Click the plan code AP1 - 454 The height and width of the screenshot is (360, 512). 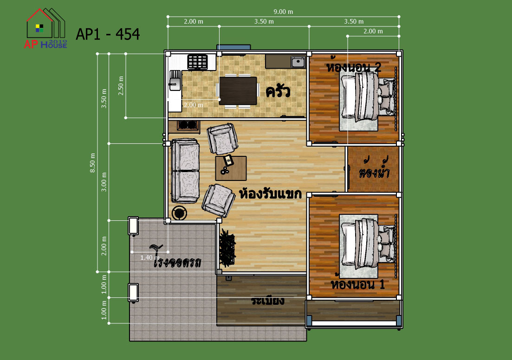coord(108,34)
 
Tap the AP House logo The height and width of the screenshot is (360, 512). coord(45,29)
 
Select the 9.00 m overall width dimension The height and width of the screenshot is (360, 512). coord(283,12)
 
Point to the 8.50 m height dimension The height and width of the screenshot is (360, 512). coord(93,162)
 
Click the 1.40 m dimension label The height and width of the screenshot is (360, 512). coord(150,257)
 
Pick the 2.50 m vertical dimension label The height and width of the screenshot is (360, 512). coord(121,85)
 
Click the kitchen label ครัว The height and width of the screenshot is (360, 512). coord(278,91)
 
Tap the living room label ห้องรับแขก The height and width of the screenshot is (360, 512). coord(270,193)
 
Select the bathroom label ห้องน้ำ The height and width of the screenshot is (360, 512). coord(374,168)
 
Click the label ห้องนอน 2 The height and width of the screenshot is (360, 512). coord(354,67)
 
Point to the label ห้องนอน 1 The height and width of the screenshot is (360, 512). coord(357,284)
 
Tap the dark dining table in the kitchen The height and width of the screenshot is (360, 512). coord(238,91)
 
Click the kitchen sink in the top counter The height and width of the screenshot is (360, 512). coord(298,61)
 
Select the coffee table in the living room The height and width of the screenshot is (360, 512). coord(231,168)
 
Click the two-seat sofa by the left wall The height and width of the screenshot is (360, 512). coord(185,171)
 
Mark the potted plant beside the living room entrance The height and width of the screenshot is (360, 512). coord(227,247)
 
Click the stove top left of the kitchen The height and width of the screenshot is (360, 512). coord(198,62)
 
